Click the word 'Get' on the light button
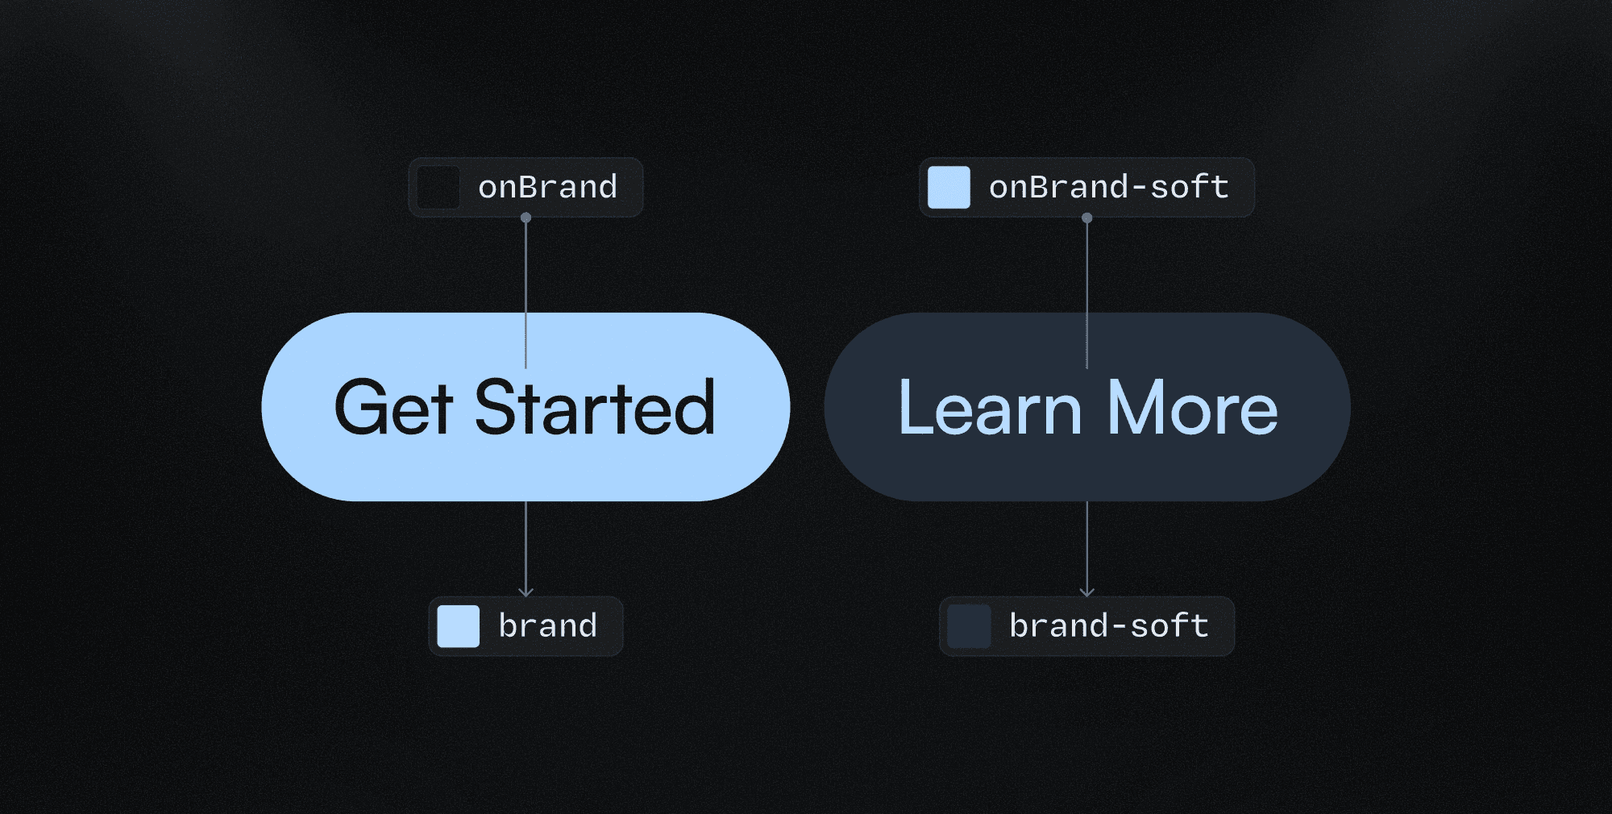tap(393, 409)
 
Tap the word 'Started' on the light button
tap(595, 409)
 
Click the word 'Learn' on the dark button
tap(990, 409)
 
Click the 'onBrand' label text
tap(547, 188)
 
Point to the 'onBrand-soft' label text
tap(1108, 188)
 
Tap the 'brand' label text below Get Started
tap(547, 626)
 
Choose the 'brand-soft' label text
tap(1108, 626)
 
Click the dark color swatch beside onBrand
tap(438, 188)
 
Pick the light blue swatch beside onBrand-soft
tap(949, 188)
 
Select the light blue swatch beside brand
tap(458, 626)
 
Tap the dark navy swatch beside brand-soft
tap(969, 626)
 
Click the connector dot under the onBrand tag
tap(526, 218)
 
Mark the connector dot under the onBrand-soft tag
tap(1086, 218)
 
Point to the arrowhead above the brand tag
tap(526, 592)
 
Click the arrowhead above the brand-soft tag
tap(1086, 592)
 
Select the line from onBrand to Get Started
tap(526, 274)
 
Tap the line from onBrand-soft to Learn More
tap(1086, 274)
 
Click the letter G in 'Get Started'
tap(360, 409)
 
